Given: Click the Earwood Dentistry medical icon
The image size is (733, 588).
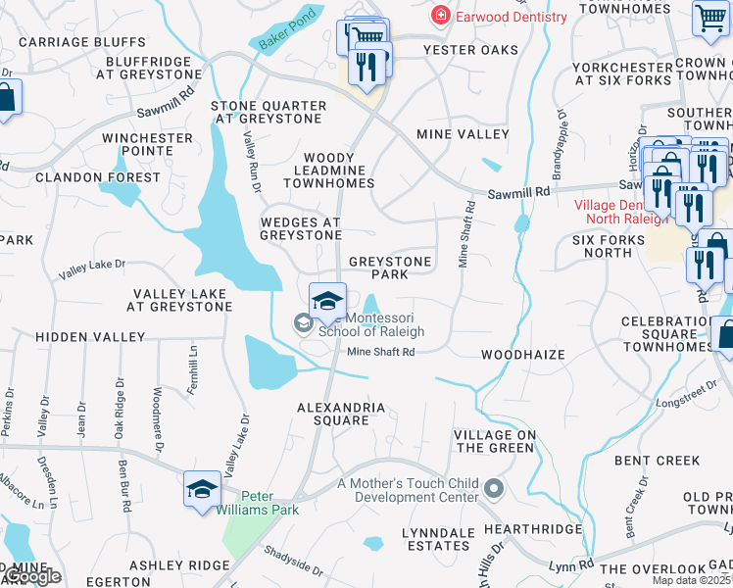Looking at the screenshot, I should pyautogui.click(x=442, y=17).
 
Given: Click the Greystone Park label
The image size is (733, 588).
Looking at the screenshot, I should pyautogui.click(x=390, y=268).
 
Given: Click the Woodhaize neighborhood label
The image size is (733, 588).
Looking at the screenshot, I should pyautogui.click(x=522, y=355).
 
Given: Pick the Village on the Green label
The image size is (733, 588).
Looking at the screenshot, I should pyautogui.click(x=494, y=441).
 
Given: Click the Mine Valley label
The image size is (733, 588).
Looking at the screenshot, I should pyautogui.click(x=463, y=134).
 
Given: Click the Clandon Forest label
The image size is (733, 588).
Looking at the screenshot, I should pyautogui.click(x=97, y=177).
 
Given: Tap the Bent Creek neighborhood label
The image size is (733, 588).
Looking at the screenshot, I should pyautogui.click(x=657, y=460).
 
